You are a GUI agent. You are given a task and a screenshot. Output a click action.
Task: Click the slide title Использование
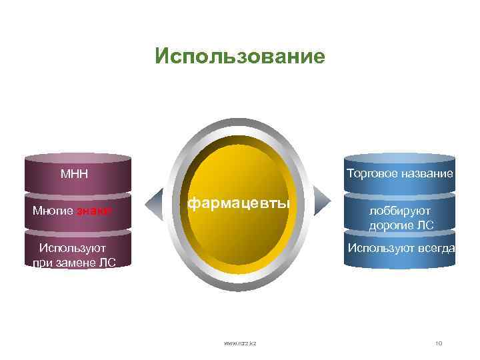[x=240, y=56]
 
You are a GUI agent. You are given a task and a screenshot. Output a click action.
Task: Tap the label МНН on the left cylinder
[x=75, y=175]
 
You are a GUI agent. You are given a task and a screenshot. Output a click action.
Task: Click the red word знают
[x=94, y=211]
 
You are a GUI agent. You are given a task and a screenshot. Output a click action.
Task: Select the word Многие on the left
[x=53, y=211]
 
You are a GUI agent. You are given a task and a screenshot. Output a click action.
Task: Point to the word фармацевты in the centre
[x=239, y=203]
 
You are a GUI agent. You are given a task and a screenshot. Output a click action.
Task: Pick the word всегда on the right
[x=437, y=248]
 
